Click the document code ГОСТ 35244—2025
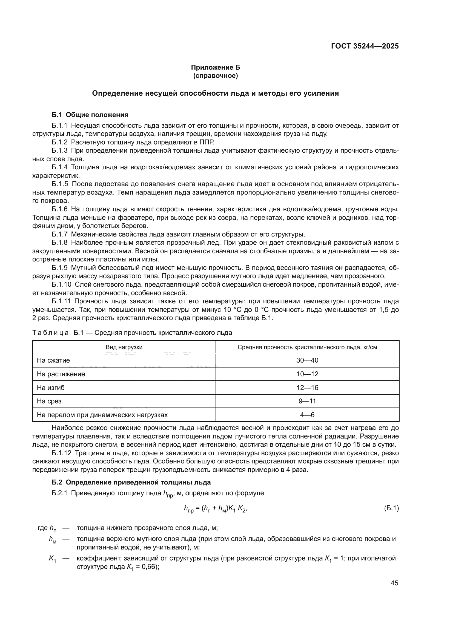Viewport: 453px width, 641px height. (365, 46)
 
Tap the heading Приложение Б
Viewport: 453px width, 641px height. (215, 67)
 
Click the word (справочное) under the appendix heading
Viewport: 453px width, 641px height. (215, 76)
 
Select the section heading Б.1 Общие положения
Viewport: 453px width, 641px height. (90, 115)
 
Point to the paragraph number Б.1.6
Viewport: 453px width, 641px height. (60, 209)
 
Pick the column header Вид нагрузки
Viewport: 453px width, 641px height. (124, 347)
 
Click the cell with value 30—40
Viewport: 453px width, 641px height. (307, 360)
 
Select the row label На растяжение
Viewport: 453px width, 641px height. (61, 374)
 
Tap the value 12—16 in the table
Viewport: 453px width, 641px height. (307, 388)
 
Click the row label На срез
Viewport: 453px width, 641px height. (49, 401)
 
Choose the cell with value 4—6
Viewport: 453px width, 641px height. (307, 415)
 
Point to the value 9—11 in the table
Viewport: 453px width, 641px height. (307, 401)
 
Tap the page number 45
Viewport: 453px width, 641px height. (394, 583)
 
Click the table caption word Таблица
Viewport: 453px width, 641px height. (50, 333)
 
